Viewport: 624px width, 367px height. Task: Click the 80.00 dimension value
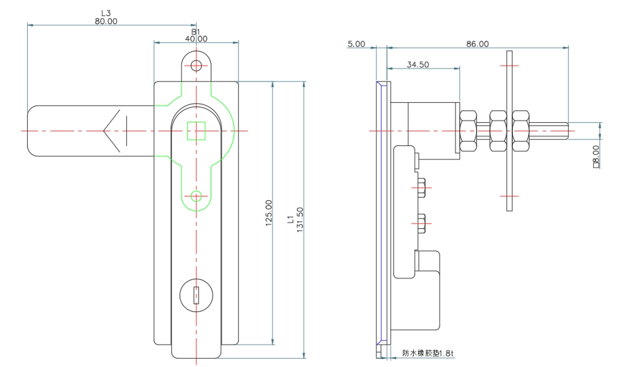click(106, 22)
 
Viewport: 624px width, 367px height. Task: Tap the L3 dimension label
click(106, 13)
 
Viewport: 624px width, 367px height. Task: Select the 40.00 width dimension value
click(196, 39)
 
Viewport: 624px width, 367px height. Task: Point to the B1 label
click(196, 32)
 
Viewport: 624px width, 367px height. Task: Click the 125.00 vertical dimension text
click(269, 213)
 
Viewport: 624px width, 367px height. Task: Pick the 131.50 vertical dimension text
click(300, 220)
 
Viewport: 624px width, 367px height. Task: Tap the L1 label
click(290, 220)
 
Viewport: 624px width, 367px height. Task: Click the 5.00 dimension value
click(356, 44)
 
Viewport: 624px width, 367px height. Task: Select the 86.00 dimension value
click(478, 44)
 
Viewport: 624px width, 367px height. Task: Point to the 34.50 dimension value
click(418, 65)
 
